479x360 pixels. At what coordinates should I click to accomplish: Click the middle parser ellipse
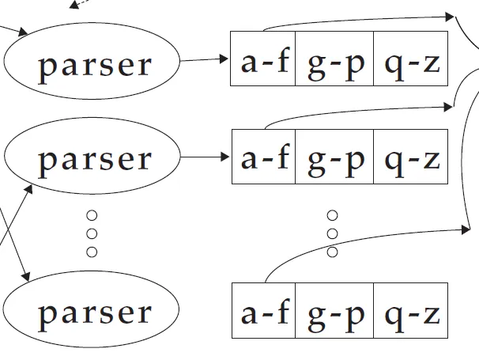[x=92, y=158]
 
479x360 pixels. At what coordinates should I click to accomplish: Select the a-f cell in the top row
[x=262, y=60]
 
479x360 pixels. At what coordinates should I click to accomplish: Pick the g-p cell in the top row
[x=334, y=60]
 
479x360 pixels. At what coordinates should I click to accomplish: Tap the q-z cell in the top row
[x=410, y=60]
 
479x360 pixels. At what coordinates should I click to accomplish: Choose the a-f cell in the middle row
[x=262, y=157]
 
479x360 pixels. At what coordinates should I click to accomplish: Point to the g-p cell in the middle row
[x=334, y=157]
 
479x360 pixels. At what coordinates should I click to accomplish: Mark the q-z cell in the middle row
[x=410, y=157]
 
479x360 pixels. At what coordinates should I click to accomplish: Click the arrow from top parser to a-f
[x=204, y=59]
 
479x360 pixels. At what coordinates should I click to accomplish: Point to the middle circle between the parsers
[x=92, y=233]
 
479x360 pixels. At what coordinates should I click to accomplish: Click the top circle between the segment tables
[x=332, y=215]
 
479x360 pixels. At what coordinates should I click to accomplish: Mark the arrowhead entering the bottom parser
[x=26, y=276]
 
